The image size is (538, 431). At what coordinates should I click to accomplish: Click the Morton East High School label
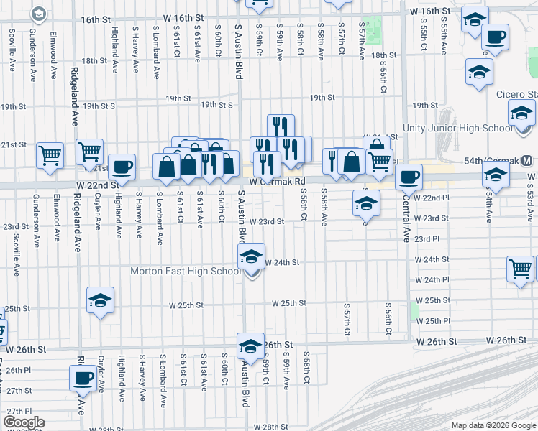click(186, 272)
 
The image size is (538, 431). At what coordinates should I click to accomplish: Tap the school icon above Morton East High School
click(252, 256)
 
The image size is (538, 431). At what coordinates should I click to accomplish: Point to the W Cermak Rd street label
click(278, 182)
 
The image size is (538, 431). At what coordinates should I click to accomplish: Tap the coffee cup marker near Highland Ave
click(122, 167)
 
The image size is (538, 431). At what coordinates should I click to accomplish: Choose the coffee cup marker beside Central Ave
click(409, 176)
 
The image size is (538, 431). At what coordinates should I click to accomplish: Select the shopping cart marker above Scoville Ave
click(50, 154)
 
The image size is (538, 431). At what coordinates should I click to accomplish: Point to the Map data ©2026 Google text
click(493, 425)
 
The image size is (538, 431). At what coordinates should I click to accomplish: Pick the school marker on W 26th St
click(250, 346)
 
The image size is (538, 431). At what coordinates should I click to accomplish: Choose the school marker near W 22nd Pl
click(366, 203)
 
